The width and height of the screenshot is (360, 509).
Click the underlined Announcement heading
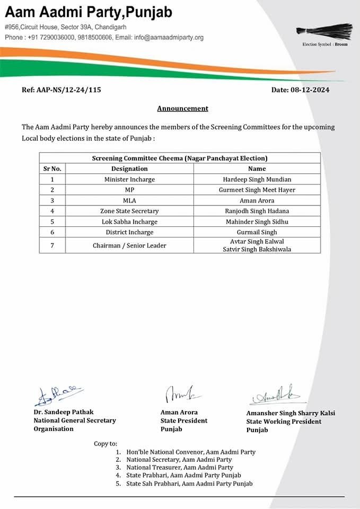coord(182,109)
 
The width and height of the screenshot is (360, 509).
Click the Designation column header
coord(129,169)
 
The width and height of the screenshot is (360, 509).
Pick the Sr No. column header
coord(52,169)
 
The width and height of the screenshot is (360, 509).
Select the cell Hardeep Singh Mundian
coord(257,179)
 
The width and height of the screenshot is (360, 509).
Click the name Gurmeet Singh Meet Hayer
coord(257,190)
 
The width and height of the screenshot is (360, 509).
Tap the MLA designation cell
coord(129,200)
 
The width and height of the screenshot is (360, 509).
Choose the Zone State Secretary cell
coord(129,211)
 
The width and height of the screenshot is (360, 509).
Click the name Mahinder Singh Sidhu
coord(257,222)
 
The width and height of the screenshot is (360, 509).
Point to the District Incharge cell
coord(129,232)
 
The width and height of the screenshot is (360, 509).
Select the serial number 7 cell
coord(52,245)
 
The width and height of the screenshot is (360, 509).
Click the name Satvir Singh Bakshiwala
coord(257,249)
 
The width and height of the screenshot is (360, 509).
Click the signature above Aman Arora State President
coord(179,394)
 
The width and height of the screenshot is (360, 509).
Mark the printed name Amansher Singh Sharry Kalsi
coord(291,413)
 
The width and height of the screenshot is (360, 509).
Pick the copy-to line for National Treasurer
coord(180,468)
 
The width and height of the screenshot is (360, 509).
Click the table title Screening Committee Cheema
coord(180,158)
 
